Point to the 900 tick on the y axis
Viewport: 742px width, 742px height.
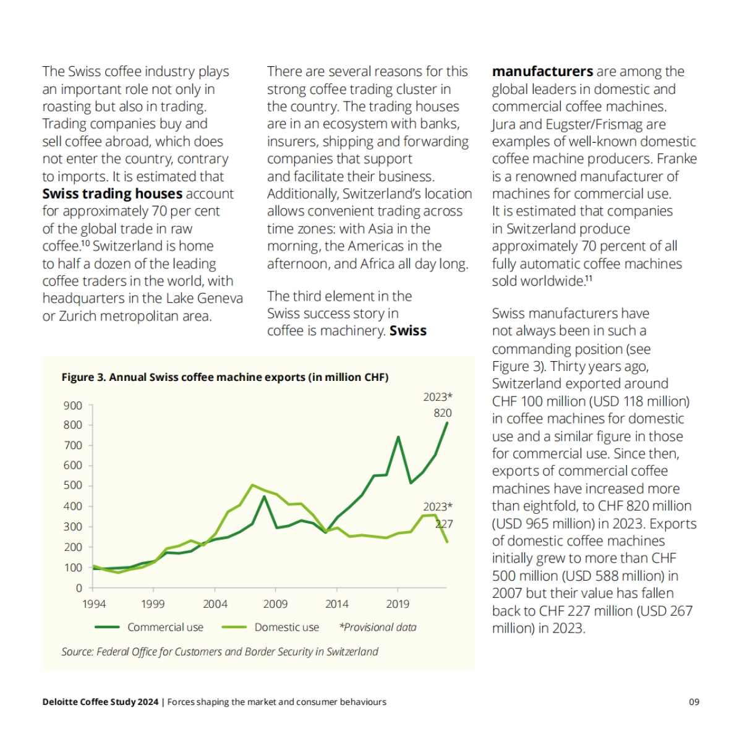pyautogui.click(x=73, y=406)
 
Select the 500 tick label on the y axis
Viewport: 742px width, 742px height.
pyautogui.click(x=73, y=485)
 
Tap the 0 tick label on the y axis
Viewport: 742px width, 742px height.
pyautogui.click(x=79, y=588)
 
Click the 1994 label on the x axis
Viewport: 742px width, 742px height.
pyautogui.click(x=94, y=604)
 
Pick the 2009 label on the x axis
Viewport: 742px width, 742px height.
pyautogui.click(x=275, y=604)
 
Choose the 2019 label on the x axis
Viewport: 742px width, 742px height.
pyautogui.click(x=398, y=604)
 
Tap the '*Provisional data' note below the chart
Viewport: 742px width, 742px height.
pyautogui.click(x=378, y=627)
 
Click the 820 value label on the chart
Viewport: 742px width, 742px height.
pyautogui.click(x=442, y=413)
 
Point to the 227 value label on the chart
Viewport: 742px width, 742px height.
pyautogui.click(x=444, y=524)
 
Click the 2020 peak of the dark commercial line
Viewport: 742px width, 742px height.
pyautogui.click(x=398, y=437)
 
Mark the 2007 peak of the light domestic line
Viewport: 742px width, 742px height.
pyautogui.click(x=252, y=485)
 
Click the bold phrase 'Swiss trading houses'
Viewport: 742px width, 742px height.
pyautogui.click(x=112, y=194)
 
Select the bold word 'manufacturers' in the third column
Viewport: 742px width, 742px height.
pyautogui.click(x=542, y=72)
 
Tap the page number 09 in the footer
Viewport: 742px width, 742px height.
pyautogui.click(x=694, y=702)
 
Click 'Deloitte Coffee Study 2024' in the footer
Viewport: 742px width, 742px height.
pyautogui.click(x=100, y=702)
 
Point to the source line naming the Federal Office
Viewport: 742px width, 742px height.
pyautogui.click(x=220, y=652)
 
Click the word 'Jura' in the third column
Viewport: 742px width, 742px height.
pyautogui.click(x=503, y=124)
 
